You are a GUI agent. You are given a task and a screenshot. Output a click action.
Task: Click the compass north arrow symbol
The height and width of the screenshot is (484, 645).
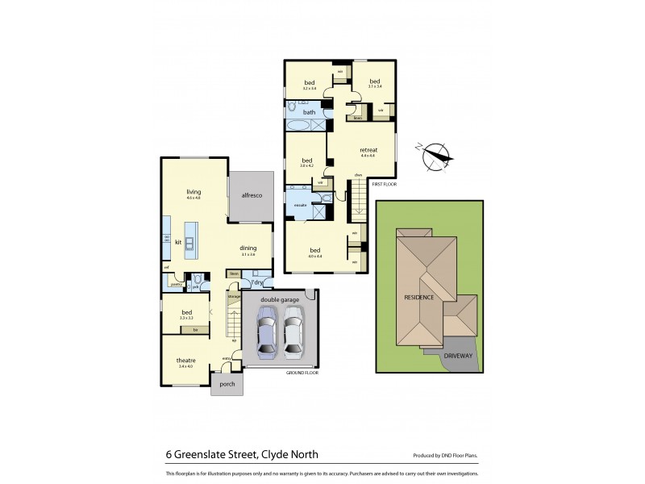pos(435,155)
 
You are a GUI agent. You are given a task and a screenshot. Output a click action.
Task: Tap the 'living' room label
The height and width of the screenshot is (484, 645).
pos(193,191)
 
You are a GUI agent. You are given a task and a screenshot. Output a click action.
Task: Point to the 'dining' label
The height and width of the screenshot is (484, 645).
pos(248,248)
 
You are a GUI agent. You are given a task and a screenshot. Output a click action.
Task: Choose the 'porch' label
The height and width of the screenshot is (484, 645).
pos(227,384)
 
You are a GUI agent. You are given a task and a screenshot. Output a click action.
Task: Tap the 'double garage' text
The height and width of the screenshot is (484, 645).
pos(280,299)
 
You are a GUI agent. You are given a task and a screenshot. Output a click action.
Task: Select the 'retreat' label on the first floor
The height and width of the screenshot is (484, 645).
pos(368,149)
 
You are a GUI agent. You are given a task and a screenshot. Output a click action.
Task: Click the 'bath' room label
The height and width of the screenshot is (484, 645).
pos(309,112)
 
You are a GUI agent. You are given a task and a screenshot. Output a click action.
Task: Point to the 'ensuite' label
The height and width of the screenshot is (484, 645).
pos(299,206)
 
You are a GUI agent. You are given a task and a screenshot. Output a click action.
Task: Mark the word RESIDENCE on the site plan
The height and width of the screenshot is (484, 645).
pos(419,297)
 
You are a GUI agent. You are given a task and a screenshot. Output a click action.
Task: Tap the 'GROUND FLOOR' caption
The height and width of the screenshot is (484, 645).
pos(302,373)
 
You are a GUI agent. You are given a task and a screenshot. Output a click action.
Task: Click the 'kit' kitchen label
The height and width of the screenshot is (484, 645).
pos(178,241)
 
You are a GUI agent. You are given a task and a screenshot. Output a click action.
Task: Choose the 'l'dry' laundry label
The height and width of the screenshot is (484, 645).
pos(257,282)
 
